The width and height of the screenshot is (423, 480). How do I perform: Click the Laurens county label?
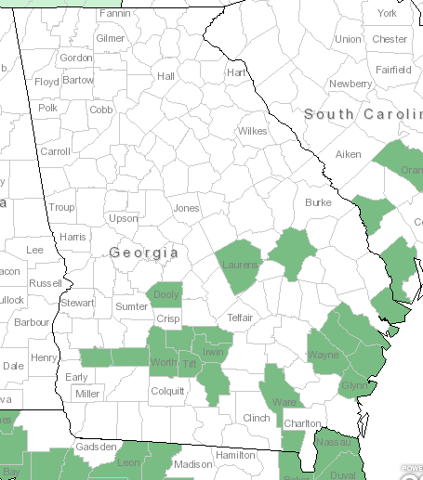coord(240,266)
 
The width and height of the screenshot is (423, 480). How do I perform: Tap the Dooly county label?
coord(166,295)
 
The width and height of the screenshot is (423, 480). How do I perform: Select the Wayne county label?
coord(324,355)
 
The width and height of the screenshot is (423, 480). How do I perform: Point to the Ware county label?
coord(284,402)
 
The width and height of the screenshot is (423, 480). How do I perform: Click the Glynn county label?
coord(355,385)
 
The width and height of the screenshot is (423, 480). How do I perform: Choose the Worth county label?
coord(163,362)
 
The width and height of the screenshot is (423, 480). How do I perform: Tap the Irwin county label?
coord(214,353)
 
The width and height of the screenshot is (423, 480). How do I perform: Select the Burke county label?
coord(318,201)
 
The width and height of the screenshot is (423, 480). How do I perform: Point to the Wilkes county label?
coord(252,131)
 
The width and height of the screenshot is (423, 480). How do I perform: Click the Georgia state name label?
coord(143,253)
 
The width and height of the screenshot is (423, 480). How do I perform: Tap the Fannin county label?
coord(114,14)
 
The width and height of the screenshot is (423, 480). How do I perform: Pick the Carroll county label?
coord(55,150)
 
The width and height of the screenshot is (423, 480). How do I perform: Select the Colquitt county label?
coord(168,391)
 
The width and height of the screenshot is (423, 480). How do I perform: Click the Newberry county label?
coord(350,84)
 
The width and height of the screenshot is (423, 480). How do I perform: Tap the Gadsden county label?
coord(97,447)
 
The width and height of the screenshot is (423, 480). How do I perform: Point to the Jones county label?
coord(186,208)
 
